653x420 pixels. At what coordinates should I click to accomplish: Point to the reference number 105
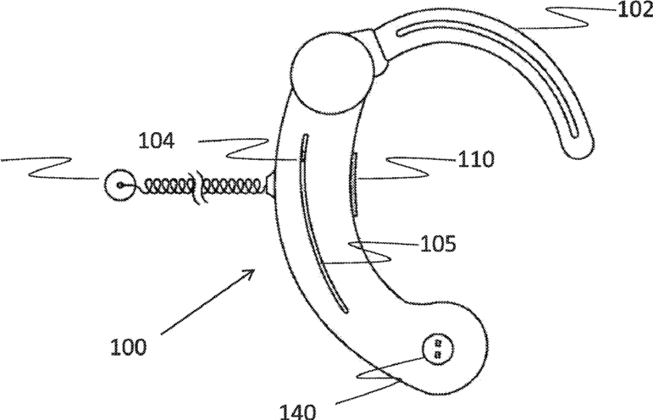pyautogui.click(x=438, y=245)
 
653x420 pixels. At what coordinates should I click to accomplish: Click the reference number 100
pyautogui.click(x=127, y=345)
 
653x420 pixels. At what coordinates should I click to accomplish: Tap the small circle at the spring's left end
pyautogui.click(x=119, y=185)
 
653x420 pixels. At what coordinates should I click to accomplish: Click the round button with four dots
pyautogui.click(x=437, y=349)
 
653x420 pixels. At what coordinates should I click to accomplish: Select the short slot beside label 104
pyautogui.click(x=300, y=147)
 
